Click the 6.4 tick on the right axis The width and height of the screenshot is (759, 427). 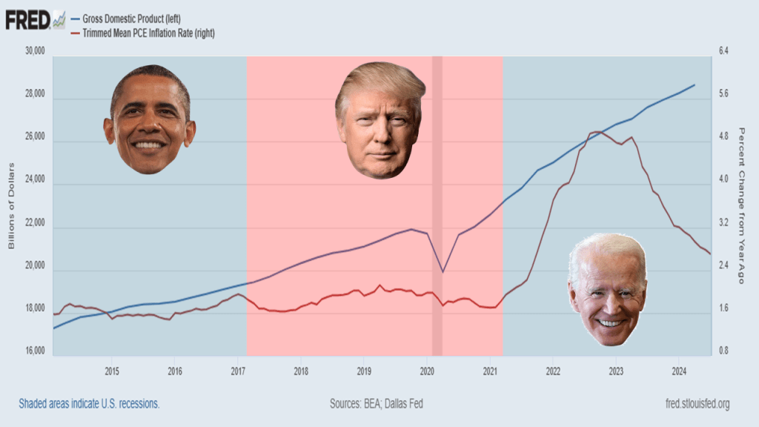(x=723, y=52)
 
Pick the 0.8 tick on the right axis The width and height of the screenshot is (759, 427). (x=723, y=351)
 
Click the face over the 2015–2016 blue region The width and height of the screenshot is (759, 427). (x=150, y=119)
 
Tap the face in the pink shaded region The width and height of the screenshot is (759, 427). (x=380, y=120)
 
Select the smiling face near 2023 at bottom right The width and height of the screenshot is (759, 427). (x=608, y=288)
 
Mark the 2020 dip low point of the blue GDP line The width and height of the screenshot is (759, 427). (x=443, y=271)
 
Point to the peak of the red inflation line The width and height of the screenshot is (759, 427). (x=598, y=132)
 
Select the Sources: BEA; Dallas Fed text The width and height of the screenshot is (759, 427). (x=376, y=404)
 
